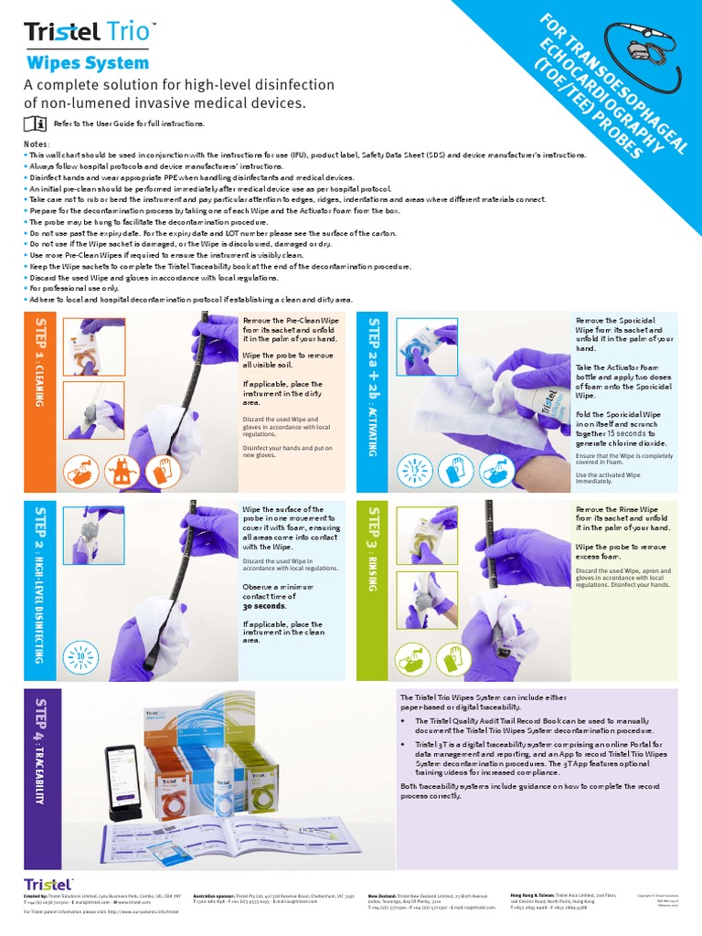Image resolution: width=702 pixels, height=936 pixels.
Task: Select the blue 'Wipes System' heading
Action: [x=87, y=63]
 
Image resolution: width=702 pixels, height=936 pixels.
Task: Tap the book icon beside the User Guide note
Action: [x=33, y=123]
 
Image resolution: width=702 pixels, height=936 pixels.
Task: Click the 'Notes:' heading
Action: [x=37, y=144]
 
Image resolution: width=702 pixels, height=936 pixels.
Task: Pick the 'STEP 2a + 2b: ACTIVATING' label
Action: [x=372, y=386]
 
